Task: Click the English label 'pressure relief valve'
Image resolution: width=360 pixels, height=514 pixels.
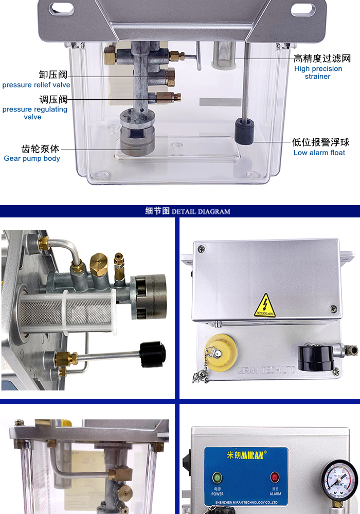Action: click(x=36, y=85)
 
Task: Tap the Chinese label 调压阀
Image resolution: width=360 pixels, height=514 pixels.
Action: click(x=53, y=99)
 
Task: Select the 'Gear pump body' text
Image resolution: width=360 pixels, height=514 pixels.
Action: click(x=32, y=158)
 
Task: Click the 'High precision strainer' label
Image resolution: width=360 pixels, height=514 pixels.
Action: click(x=318, y=72)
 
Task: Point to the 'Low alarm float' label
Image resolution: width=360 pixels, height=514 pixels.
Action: click(x=319, y=153)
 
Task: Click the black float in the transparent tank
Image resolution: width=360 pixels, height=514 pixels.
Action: click(x=244, y=132)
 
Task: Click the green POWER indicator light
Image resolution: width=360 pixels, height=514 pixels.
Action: click(x=217, y=477)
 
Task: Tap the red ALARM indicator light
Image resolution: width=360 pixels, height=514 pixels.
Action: click(x=275, y=477)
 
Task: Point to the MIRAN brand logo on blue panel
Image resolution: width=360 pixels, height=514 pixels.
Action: click(x=247, y=455)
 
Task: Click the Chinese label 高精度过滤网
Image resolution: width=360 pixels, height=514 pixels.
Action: click(x=321, y=59)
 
